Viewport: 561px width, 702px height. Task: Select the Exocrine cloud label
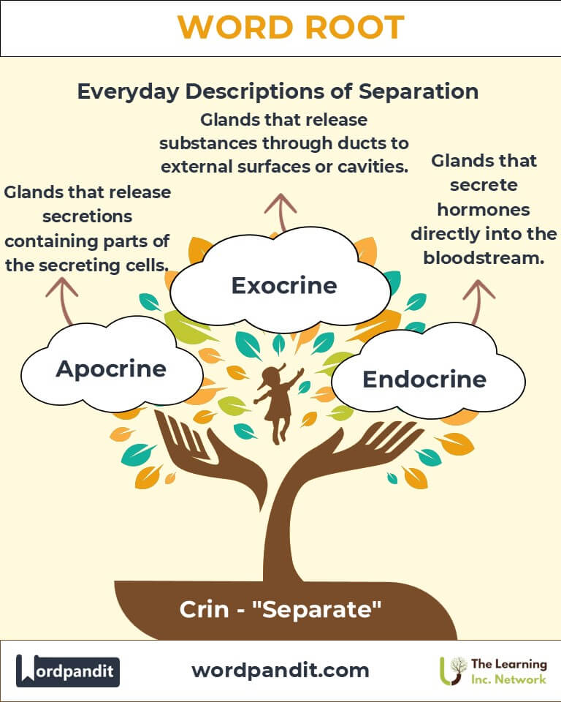(x=284, y=284)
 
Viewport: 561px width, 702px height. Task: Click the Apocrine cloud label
(x=111, y=369)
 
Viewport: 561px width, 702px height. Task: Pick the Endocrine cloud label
(x=424, y=379)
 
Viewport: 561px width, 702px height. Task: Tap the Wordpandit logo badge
(x=68, y=670)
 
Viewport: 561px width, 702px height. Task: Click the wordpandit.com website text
(x=280, y=670)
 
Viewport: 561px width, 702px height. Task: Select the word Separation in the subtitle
(x=419, y=92)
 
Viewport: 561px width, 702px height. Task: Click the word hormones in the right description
(x=484, y=209)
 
